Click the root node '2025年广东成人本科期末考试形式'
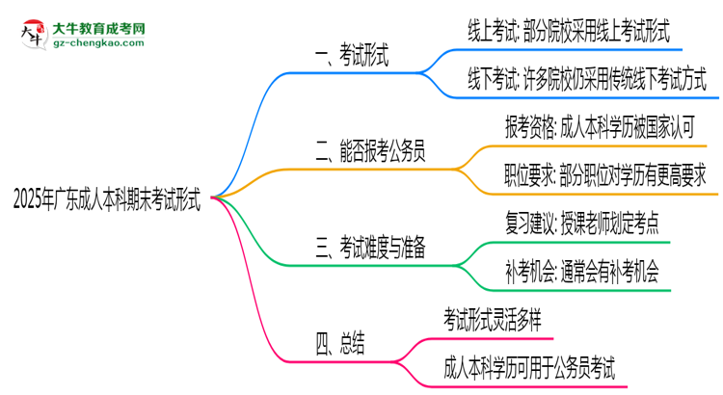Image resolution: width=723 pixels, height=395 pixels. tap(107, 200)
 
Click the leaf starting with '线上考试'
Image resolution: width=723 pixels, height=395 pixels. tap(569, 33)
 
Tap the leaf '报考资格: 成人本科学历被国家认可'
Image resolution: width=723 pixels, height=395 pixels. tap(598, 127)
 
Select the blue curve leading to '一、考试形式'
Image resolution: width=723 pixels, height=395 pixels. tap(260, 106)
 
